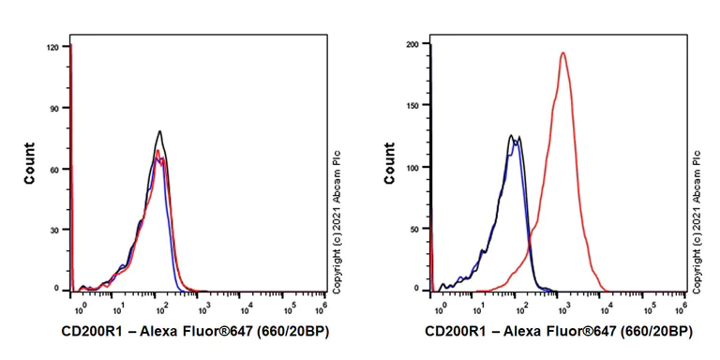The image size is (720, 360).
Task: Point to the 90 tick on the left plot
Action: (x=54, y=108)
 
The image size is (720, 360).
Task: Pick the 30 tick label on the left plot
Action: (x=54, y=230)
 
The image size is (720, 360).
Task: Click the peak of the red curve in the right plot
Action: (x=562, y=53)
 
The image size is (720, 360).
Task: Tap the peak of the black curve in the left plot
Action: (x=160, y=131)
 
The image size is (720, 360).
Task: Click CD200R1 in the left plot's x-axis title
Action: (x=95, y=331)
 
